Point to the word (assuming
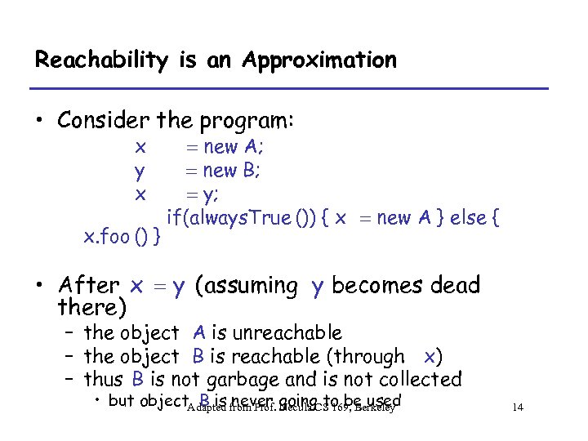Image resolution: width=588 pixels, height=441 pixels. (247, 287)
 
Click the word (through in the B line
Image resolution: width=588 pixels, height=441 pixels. (373, 356)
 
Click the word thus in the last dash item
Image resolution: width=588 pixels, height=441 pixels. (102, 380)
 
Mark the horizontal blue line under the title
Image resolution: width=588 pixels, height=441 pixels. (291, 88)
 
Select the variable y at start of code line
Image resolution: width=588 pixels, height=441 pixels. (140, 171)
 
